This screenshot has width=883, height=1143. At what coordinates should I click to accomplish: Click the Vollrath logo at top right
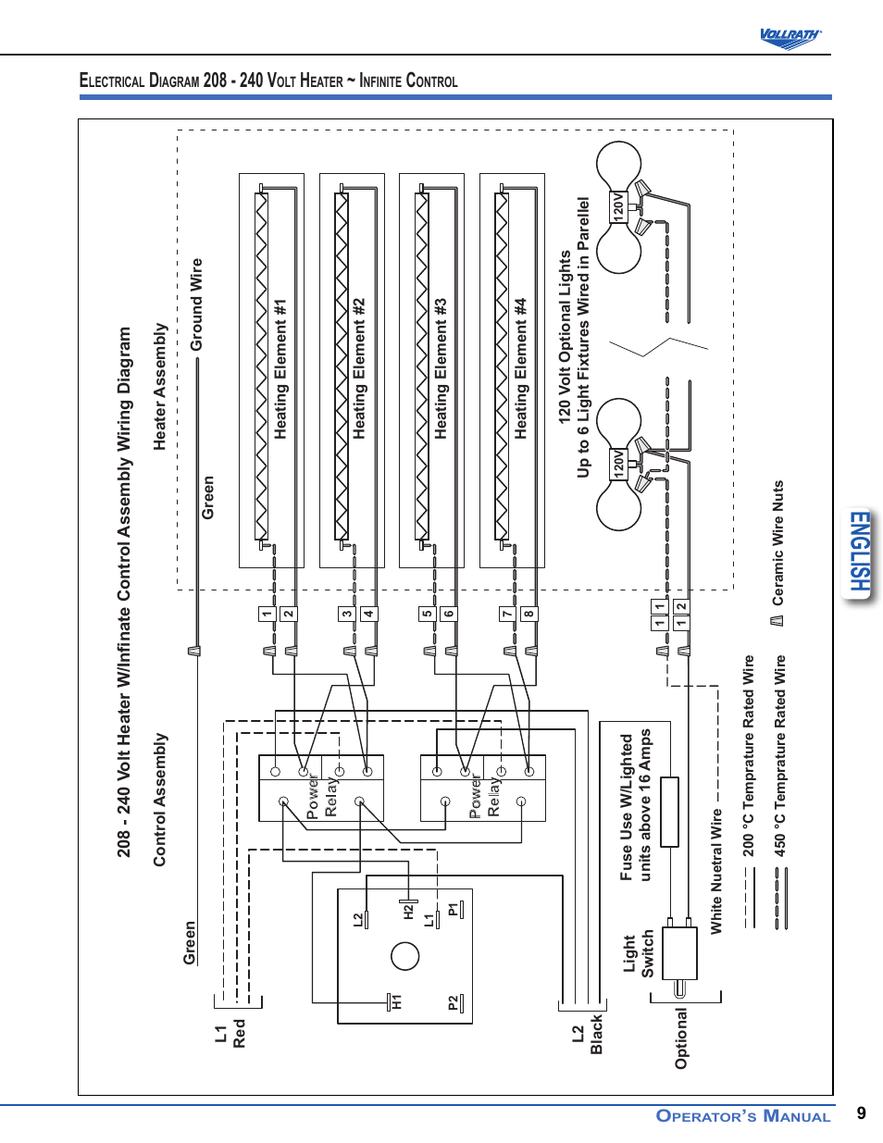[790, 37]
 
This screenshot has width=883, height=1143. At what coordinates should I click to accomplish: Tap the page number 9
[862, 1113]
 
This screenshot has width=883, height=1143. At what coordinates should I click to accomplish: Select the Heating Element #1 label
[280, 368]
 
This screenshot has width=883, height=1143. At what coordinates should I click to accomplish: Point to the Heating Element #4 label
[521, 368]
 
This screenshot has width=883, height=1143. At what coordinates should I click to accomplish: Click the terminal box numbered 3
[346, 614]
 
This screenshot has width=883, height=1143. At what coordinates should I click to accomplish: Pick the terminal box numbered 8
[529, 614]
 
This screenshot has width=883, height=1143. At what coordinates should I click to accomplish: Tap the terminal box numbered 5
[427, 614]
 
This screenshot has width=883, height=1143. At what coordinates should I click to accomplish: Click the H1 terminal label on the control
[397, 1001]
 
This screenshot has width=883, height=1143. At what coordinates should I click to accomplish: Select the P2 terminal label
[453, 1003]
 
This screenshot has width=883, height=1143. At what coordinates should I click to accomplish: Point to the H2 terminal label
[408, 912]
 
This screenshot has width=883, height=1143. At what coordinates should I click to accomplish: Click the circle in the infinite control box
[405, 956]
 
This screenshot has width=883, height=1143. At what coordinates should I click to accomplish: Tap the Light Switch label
[638, 954]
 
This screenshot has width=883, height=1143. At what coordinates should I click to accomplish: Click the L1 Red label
[230, 1034]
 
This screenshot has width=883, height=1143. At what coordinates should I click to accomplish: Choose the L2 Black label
[588, 1034]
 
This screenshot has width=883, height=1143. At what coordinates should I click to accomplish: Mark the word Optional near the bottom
[682, 1038]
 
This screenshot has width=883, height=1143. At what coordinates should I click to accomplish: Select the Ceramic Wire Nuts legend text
[778, 542]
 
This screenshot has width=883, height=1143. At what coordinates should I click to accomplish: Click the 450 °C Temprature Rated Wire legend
[780, 755]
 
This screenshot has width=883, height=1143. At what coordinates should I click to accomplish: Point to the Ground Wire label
[196, 304]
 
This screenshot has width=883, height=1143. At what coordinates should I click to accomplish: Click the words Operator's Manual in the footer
[743, 1116]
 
